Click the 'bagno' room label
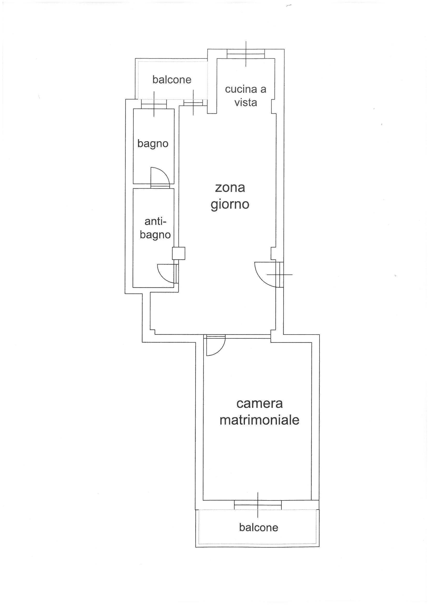(x=153, y=144)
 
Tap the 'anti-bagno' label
(x=155, y=228)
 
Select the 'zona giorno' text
(x=230, y=196)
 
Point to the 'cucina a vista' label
(x=245, y=96)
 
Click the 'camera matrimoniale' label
(x=259, y=412)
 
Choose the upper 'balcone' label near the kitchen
(x=172, y=79)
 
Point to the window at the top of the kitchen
(x=246, y=54)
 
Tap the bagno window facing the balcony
(x=154, y=104)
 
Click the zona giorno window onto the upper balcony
(x=193, y=102)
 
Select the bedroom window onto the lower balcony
(x=258, y=505)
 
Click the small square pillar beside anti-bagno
(x=179, y=253)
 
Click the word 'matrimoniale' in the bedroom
(x=259, y=420)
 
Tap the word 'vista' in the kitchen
(x=246, y=102)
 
